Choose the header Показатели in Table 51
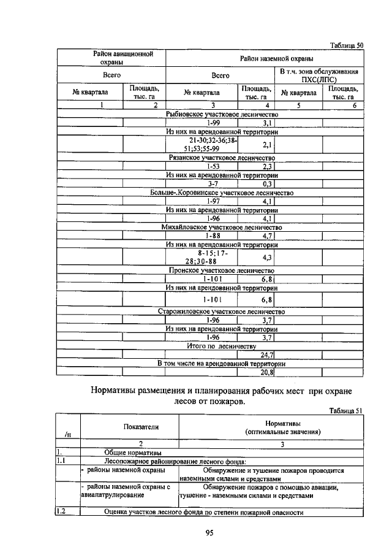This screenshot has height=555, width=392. pos(129,427)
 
